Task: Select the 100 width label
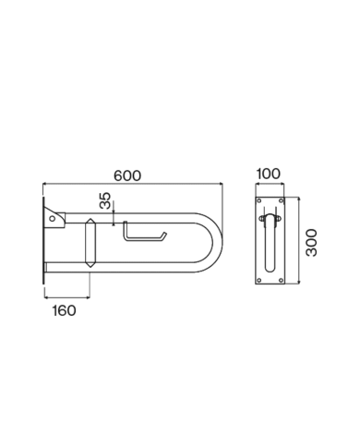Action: pyautogui.click(x=269, y=173)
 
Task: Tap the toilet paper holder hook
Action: pyautogui.click(x=143, y=236)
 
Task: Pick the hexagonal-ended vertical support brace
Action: pyautogui.click(x=89, y=243)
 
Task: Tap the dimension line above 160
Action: pyautogui.click(x=66, y=296)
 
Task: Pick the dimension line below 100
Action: pyautogui.click(x=269, y=184)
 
